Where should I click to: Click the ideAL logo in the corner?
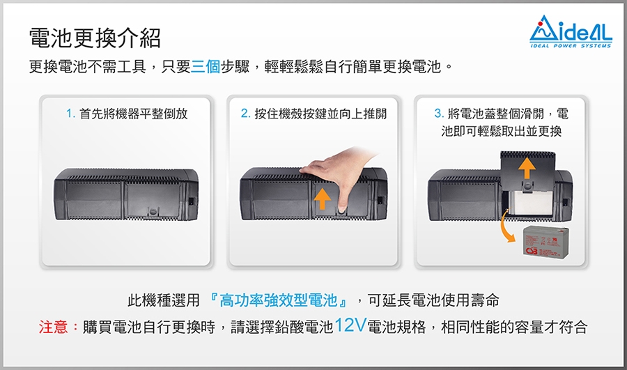coord(571,31)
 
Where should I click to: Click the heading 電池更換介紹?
coord(95,38)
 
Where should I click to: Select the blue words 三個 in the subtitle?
coord(206,66)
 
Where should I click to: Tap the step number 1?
coord(70,114)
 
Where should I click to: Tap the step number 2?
coord(245,114)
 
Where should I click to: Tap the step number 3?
coord(439,114)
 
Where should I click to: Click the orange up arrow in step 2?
coord(322,199)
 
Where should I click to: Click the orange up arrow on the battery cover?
coord(527,168)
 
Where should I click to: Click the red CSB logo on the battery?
coord(532,251)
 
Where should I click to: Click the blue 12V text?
coord(350,325)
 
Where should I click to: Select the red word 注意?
coord(53,327)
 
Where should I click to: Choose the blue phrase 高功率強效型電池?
coord(278,300)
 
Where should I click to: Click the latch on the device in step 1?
coord(153,211)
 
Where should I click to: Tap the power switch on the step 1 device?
coord(191,201)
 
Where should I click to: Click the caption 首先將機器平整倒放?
coord(134,114)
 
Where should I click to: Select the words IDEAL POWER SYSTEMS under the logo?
coord(571,46)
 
